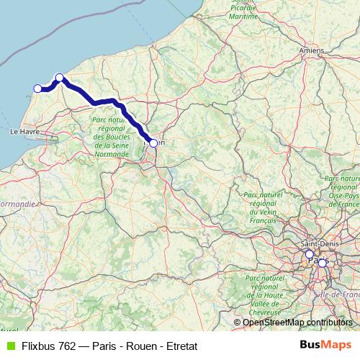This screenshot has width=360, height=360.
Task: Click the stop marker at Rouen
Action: [153, 143]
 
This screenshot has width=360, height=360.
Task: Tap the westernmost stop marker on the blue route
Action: [38, 89]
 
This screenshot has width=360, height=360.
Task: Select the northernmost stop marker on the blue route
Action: [60, 78]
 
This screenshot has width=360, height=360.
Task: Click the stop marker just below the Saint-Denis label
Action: [310, 254]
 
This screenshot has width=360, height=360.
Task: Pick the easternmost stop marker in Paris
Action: [322, 264]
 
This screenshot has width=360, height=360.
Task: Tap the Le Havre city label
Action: [24, 132]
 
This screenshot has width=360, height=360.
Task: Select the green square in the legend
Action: [10, 346]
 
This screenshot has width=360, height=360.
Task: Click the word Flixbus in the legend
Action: [40, 346]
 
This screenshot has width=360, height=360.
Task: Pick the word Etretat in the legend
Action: [179, 346]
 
